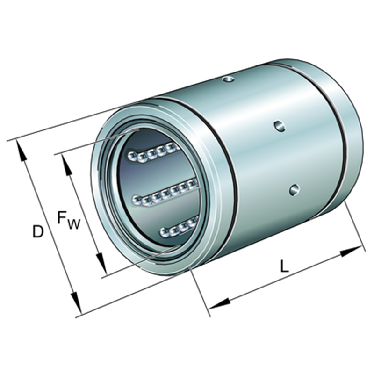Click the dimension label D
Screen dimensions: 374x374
[x=38, y=231]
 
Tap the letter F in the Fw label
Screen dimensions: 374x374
[x=62, y=217]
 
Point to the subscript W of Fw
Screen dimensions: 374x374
[x=73, y=224]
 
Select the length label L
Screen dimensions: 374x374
[x=284, y=266]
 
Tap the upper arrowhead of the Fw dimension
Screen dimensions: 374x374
[x=67, y=165]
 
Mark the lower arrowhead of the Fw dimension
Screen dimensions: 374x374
[x=101, y=264]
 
